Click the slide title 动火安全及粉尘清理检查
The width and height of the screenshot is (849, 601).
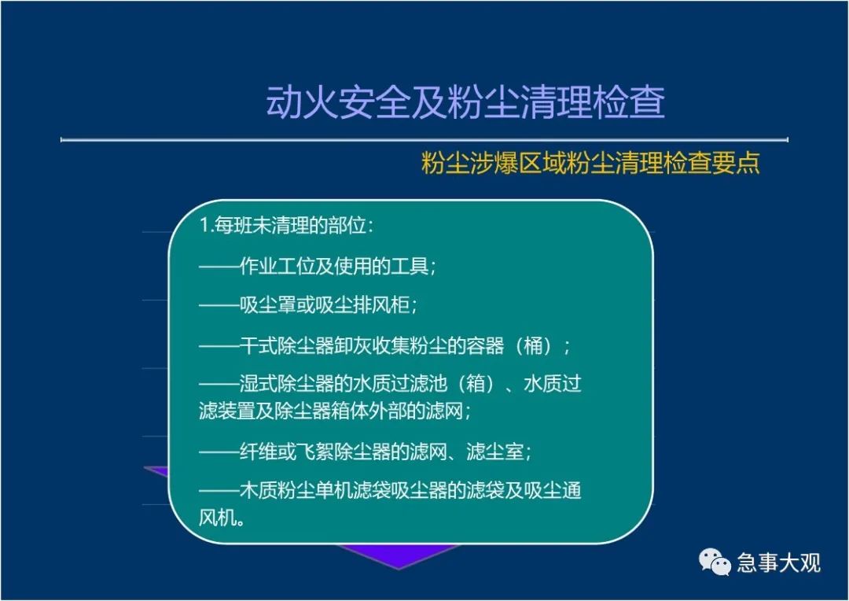coord(465,101)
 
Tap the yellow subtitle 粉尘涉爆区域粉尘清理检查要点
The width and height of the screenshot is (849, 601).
coord(590,163)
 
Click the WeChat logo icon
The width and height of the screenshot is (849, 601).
coord(715,562)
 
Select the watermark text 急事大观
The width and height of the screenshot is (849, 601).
coord(778,562)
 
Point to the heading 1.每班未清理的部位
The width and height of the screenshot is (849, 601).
coord(286,225)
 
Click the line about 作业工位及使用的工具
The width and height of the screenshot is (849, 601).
coord(318,266)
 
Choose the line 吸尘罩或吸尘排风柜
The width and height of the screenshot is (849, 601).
coord(308,305)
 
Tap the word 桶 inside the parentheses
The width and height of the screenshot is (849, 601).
coord(533,345)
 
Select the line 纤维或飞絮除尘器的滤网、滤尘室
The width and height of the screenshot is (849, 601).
coord(365,452)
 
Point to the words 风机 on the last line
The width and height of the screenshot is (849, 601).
coord(219,518)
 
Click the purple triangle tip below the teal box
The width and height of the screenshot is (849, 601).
coord(399,569)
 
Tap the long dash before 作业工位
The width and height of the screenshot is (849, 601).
coord(219,267)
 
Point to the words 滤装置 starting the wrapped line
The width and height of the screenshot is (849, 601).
coord(227,411)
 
